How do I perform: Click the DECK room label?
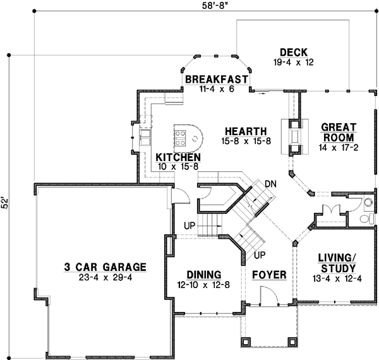click(x=293, y=52)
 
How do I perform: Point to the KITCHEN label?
click(x=179, y=157)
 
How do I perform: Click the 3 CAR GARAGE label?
click(x=105, y=267)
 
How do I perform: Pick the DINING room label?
click(x=203, y=275)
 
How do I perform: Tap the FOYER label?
click(x=268, y=276)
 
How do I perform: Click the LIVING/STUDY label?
click(x=336, y=261)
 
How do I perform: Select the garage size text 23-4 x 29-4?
click(x=105, y=277)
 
